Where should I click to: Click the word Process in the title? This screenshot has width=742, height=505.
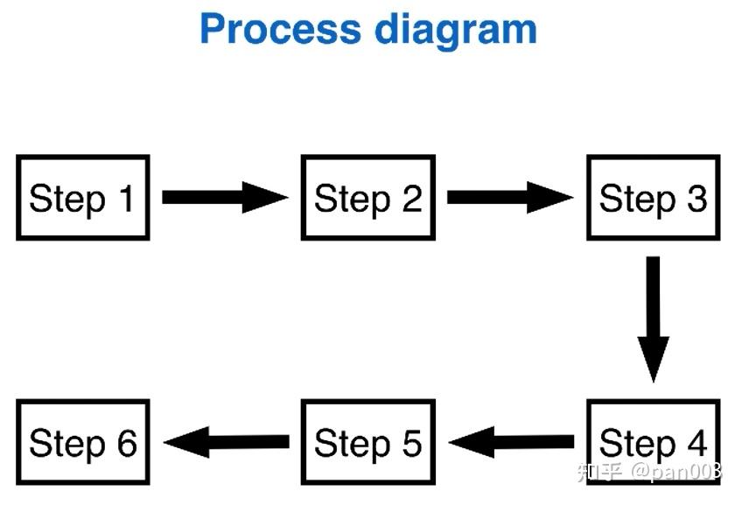[x=279, y=29]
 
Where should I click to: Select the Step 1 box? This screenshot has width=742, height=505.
[x=83, y=198]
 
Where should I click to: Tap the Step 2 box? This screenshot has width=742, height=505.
[x=367, y=198]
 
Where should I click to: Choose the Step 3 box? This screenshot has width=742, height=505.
[x=653, y=198]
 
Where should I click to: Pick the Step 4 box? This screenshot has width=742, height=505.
[x=653, y=441]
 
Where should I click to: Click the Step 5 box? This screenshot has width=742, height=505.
[x=367, y=442]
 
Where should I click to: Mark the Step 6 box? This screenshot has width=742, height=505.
[x=83, y=442]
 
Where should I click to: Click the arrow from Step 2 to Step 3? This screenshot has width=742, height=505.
[x=509, y=197]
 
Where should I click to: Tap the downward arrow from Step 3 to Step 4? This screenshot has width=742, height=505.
[x=653, y=319]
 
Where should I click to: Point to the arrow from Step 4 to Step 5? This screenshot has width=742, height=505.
[x=511, y=442]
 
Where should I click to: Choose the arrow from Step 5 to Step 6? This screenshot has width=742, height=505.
[x=226, y=442]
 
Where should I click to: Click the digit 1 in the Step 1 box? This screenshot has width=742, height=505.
[x=126, y=199]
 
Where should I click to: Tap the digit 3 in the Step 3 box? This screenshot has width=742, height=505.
[x=696, y=199]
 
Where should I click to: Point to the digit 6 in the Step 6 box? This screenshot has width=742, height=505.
[x=127, y=443]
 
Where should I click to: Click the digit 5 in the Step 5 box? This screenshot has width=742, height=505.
[x=411, y=443]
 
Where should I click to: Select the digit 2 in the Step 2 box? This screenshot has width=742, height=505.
[x=411, y=199]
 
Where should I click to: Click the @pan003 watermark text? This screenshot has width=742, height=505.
[x=677, y=473]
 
